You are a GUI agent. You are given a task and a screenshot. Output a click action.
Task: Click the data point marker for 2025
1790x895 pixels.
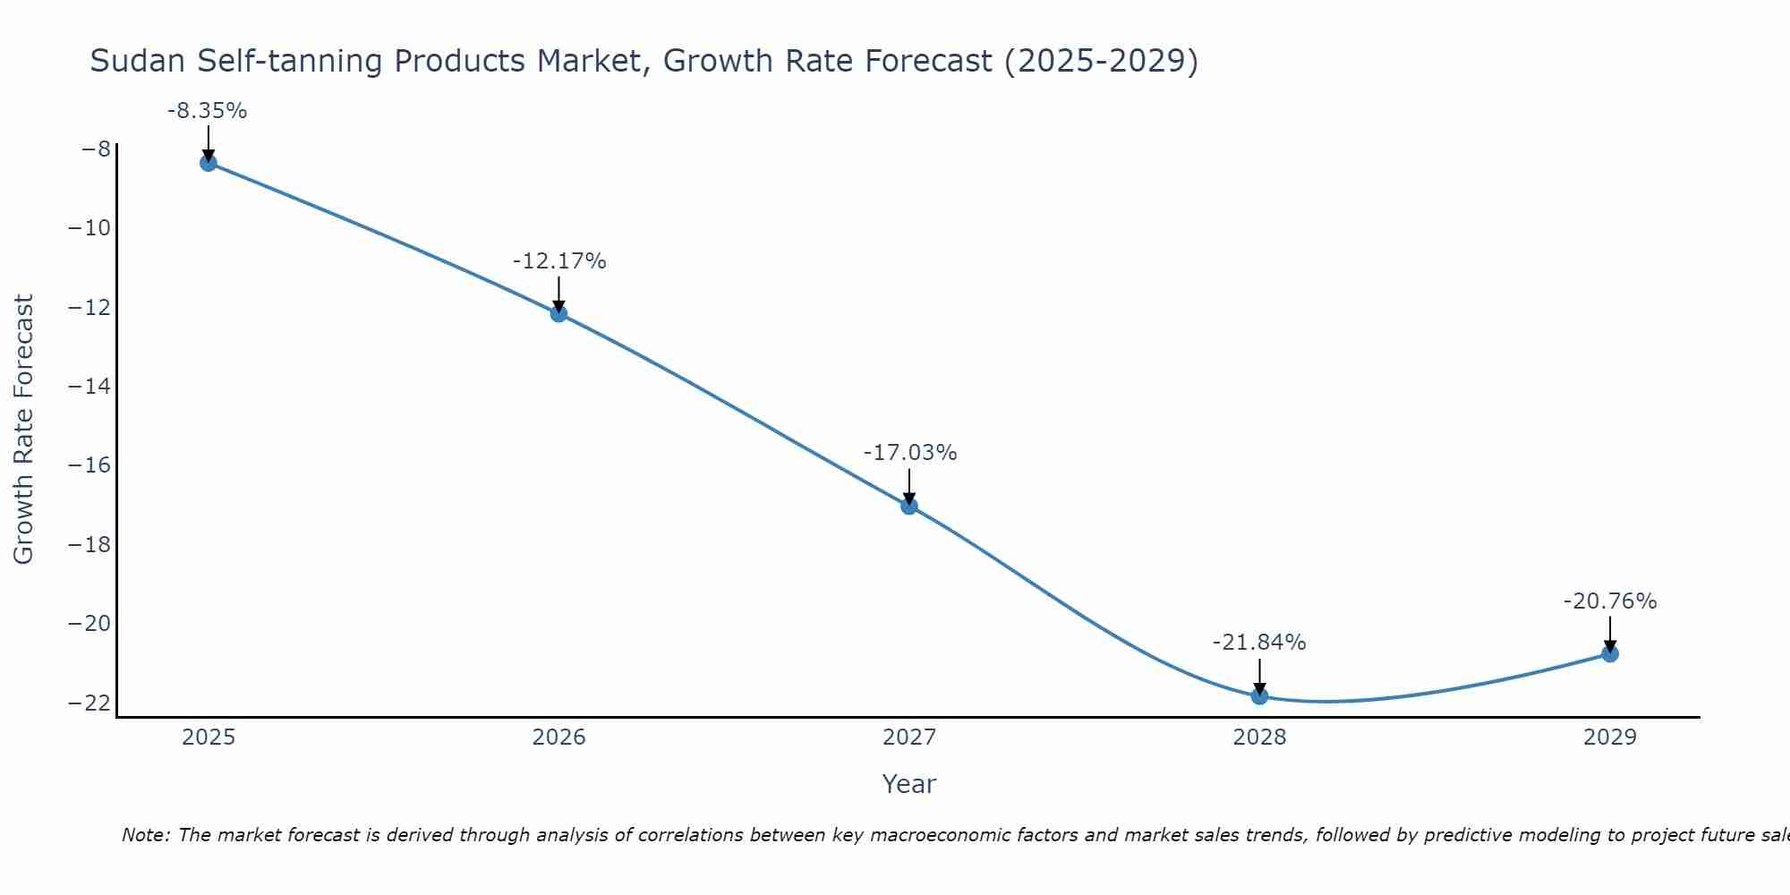pos(209,163)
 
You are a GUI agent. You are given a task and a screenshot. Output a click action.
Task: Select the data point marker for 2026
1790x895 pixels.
pos(558,313)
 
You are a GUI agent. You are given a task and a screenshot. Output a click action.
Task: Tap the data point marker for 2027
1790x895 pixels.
pos(909,506)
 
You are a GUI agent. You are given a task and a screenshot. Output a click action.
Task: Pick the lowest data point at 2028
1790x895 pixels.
pos(1259,696)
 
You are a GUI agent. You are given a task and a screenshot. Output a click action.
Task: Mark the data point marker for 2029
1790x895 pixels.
pos(1610,653)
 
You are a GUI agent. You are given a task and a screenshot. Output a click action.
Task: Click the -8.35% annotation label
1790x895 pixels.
pos(207,111)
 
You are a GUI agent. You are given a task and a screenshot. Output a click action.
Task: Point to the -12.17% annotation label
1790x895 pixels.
pos(559,261)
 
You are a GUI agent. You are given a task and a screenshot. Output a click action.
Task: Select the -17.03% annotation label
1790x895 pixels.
pos(910,453)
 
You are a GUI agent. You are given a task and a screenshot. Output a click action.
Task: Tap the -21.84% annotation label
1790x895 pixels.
pos(1259,643)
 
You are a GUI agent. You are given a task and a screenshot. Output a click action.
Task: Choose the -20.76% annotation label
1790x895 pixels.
pos(1610,601)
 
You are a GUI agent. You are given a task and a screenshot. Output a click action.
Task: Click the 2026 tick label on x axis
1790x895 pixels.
pos(558,737)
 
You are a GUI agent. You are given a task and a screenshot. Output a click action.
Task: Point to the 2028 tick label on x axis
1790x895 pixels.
pos(1259,737)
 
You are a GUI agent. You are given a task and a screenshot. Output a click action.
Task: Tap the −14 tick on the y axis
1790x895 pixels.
pos(89,386)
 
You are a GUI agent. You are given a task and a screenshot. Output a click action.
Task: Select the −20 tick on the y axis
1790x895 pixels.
pos(89,623)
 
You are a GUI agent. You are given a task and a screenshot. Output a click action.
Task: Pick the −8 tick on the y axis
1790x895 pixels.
pos(96,149)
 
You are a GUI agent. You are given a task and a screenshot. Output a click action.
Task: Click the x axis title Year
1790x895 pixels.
pos(908,784)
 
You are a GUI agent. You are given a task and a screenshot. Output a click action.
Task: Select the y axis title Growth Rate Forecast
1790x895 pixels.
pos(23,429)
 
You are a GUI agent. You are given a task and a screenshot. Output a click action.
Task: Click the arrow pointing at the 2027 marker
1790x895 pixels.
pos(909,486)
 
